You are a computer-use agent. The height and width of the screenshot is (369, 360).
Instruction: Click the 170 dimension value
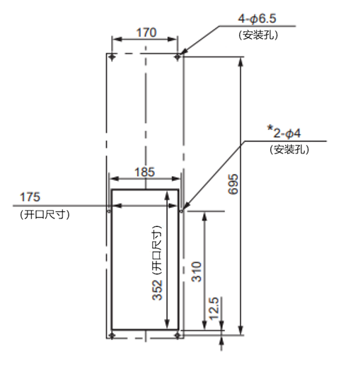click(146, 33)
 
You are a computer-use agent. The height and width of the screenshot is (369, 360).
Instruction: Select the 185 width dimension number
click(144, 172)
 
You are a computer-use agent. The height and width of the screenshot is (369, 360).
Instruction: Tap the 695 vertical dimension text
click(233, 184)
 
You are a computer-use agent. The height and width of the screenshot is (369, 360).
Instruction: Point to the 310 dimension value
click(197, 271)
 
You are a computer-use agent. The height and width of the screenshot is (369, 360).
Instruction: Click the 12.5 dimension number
click(214, 308)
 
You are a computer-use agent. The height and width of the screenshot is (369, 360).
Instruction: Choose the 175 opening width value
click(30, 197)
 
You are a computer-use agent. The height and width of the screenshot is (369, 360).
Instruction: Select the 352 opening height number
click(157, 290)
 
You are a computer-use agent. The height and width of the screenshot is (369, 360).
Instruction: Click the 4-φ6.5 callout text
click(257, 18)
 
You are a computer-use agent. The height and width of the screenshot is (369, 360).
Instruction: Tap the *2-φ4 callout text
click(284, 133)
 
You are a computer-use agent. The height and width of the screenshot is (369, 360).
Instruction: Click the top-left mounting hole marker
click(112, 57)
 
